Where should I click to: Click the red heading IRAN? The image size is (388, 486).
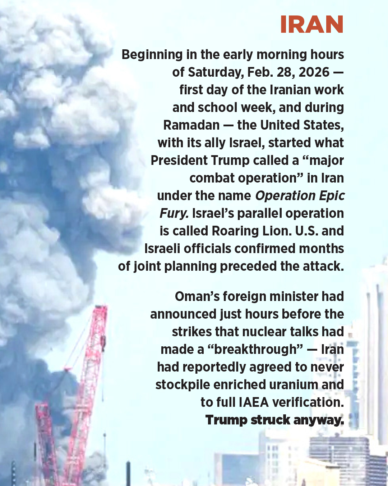[x=311, y=24]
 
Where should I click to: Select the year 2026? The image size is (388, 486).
[x=314, y=72]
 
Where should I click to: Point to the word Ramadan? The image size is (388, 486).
[x=191, y=125]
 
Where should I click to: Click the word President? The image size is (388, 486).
[x=179, y=161]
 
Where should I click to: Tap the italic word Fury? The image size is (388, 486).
[x=174, y=213]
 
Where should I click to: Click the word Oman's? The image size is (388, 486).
[x=197, y=297]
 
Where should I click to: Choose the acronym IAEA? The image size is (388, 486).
[x=254, y=402]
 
